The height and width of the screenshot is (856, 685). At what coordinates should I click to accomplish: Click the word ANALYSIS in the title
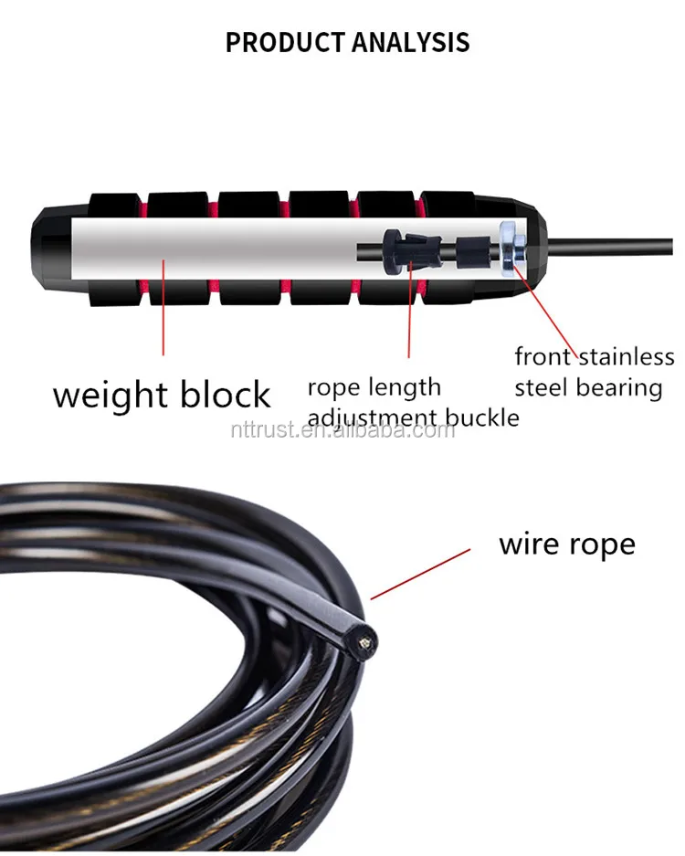(x=413, y=42)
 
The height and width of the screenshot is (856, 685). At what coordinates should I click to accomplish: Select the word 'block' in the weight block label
(x=224, y=395)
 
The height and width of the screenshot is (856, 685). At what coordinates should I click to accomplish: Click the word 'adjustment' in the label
(x=373, y=418)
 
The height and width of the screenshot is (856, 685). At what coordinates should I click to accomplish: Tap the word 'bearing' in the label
(x=619, y=387)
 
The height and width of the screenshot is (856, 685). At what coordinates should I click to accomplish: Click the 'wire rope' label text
(x=566, y=544)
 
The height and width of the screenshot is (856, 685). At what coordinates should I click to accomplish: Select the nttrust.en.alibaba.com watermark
(x=342, y=428)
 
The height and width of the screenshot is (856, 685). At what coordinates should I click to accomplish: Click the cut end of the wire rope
(x=363, y=643)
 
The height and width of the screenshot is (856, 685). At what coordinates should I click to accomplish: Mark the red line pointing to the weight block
(x=164, y=307)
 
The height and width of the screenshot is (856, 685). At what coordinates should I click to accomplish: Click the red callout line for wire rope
(x=420, y=573)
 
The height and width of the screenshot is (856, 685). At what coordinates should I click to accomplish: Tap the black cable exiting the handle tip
(x=621, y=244)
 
